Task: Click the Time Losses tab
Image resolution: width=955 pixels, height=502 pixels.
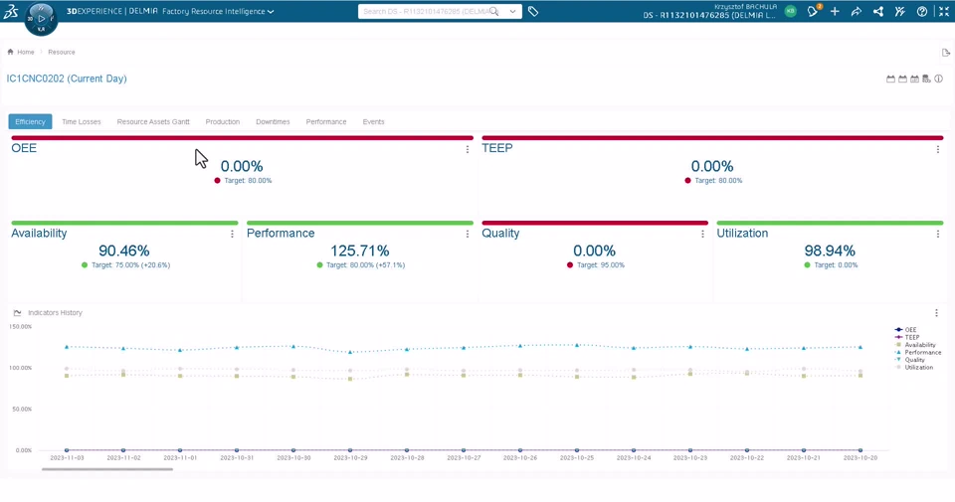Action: click(x=82, y=122)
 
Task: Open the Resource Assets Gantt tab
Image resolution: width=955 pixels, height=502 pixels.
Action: click(x=153, y=122)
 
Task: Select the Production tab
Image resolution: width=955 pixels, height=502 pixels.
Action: click(x=223, y=122)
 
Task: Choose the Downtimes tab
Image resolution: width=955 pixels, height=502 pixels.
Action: click(x=273, y=122)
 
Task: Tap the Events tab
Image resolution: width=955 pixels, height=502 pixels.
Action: click(x=373, y=122)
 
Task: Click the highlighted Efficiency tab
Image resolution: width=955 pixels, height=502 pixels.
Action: click(x=30, y=122)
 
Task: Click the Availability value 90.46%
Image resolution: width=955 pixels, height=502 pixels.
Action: click(x=124, y=251)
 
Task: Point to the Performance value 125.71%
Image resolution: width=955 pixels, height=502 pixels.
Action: click(x=360, y=251)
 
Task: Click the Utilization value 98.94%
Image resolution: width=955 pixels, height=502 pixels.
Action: click(x=830, y=251)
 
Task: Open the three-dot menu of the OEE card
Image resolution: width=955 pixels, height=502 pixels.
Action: click(x=468, y=150)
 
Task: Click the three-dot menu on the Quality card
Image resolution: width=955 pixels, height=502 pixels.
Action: click(x=702, y=235)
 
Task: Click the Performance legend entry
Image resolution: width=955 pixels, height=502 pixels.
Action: click(x=921, y=353)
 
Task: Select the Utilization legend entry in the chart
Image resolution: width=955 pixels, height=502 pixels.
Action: click(x=917, y=368)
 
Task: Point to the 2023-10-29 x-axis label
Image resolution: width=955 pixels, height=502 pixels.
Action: click(x=351, y=458)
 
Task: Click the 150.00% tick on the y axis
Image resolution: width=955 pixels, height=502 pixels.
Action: click(x=21, y=327)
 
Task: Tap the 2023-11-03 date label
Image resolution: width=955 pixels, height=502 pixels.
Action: click(x=68, y=458)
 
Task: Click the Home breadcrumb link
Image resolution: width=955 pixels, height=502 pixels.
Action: click(x=25, y=52)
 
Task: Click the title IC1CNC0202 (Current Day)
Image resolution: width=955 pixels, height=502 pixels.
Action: click(x=67, y=79)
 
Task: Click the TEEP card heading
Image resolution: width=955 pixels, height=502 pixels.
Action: click(x=497, y=148)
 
